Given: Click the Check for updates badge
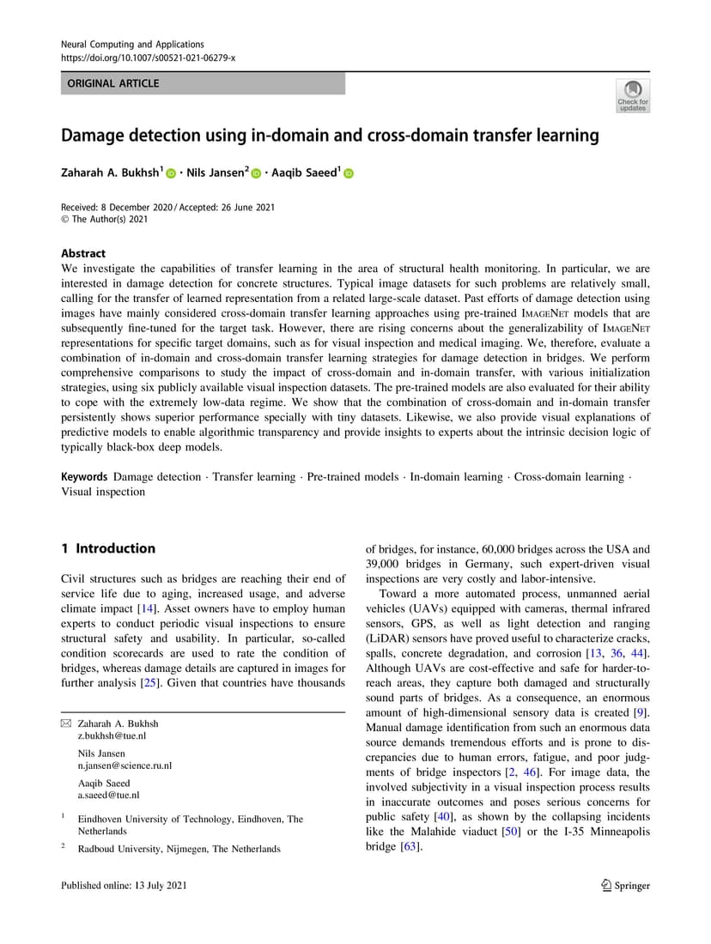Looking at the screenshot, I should pyautogui.click(x=633, y=95).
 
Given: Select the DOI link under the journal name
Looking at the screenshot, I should pyautogui.click(x=149, y=57).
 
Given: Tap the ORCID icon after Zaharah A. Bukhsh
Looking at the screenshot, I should pyautogui.click(x=171, y=173).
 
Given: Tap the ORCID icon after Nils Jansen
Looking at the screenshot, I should pyautogui.click(x=256, y=173).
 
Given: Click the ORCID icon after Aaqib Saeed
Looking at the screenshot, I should pyautogui.click(x=348, y=173).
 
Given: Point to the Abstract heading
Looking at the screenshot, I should pyautogui.click(x=83, y=253).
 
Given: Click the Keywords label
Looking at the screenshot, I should pyautogui.click(x=84, y=476).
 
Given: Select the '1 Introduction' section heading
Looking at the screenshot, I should pyautogui.click(x=108, y=548).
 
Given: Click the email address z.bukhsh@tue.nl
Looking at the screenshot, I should pyautogui.click(x=112, y=735).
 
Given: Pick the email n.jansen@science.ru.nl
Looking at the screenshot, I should pyautogui.click(x=125, y=765).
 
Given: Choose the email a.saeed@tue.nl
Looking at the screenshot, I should pyautogui.click(x=109, y=796).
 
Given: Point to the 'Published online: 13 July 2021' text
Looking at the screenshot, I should pyautogui.click(x=124, y=886).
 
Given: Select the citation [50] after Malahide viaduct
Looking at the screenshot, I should pyautogui.click(x=511, y=832).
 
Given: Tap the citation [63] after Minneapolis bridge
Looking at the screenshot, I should pyautogui.click(x=409, y=847).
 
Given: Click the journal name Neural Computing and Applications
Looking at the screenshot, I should pyautogui.click(x=132, y=44).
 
